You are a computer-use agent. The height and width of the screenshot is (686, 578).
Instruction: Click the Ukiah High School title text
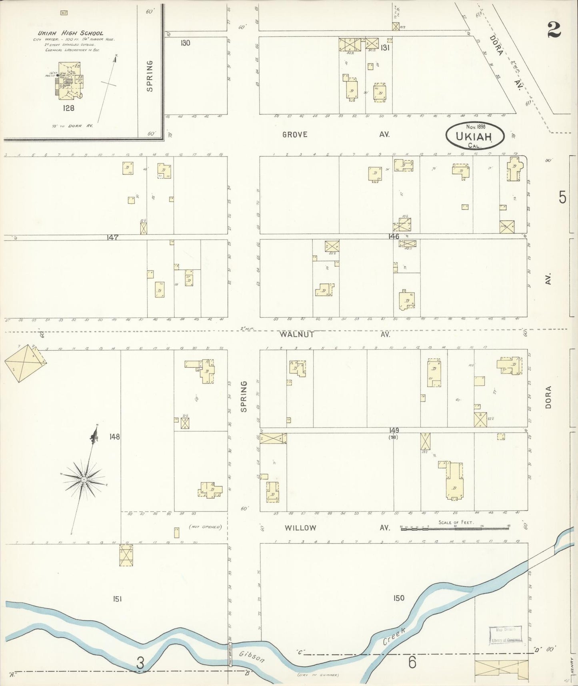(70, 33)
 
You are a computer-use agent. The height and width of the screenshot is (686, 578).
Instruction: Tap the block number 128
(68, 108)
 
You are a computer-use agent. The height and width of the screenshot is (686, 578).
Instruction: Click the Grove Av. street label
(295, 134)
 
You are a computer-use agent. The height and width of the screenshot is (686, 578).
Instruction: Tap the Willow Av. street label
(300, 528)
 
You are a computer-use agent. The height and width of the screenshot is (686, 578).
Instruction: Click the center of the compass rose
(84, 479)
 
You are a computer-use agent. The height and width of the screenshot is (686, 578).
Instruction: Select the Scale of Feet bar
(455, 528)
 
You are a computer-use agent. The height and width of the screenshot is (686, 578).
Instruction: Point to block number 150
(398, 598)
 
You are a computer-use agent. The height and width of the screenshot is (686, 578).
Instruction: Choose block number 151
(117, 599)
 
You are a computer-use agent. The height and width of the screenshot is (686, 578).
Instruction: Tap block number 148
(114, 437)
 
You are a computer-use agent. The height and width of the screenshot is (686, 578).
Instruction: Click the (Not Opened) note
(205, 527)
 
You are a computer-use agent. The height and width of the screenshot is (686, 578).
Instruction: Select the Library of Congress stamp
(506, 635)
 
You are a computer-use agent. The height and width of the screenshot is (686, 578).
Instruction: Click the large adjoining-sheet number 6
(412, 662)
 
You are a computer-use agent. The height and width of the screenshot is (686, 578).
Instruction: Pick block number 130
(185, 43)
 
